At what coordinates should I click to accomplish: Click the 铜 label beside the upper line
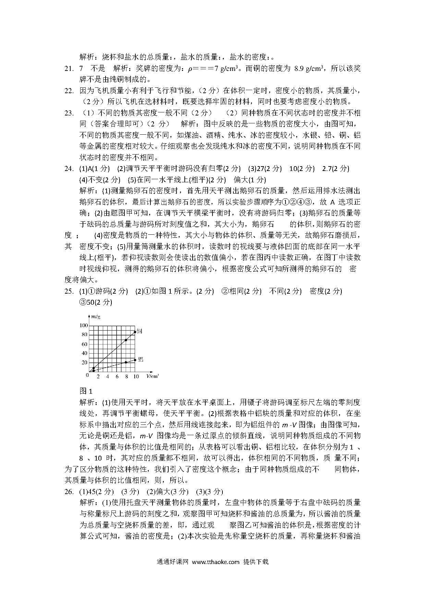139,331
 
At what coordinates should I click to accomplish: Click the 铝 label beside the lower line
140,359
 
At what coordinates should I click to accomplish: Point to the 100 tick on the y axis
83,326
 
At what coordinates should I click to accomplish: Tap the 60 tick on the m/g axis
84,344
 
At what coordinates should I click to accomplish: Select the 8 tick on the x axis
126,377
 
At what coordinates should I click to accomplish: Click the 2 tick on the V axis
98,377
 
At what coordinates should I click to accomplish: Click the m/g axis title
96,317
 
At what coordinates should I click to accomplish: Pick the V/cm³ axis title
152,376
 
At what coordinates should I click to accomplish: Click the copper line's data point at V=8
126,340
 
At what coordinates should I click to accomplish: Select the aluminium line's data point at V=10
135,360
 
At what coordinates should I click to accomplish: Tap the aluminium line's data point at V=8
126,362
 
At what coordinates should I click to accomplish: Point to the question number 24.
69,169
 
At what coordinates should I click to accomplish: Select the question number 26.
69,492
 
